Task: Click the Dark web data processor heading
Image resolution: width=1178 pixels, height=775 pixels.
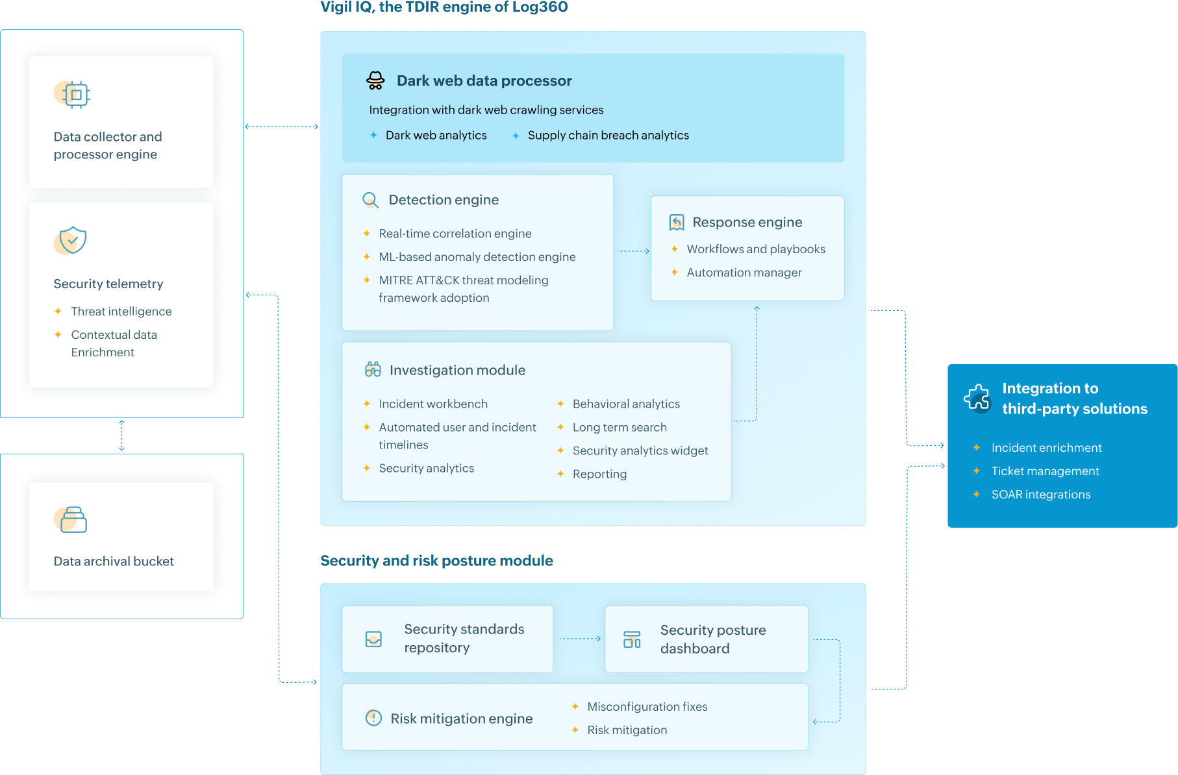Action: tap(484, 80)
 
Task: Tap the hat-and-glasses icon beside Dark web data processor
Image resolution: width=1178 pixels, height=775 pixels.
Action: tap(375, 80)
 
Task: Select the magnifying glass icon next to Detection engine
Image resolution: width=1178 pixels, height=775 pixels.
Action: tap(370, 200)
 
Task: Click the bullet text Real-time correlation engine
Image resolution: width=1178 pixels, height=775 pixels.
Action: tap(455, 233)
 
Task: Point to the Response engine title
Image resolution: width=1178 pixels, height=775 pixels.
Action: tap(747, 222)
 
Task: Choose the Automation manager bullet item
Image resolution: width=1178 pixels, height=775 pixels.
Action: tap(744, 273)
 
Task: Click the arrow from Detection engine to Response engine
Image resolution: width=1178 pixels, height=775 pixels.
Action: tap(633, 251)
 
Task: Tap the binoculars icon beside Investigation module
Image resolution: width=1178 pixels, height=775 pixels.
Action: tap(373, 370)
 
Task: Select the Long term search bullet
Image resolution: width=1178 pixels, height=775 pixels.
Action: tap(619, 427)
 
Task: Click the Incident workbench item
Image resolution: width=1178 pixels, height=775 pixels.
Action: tap(432, 404)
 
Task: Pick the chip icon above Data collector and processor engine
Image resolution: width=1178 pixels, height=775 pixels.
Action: tap(75, 95)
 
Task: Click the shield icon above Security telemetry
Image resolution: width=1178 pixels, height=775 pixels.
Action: tap(72, 241)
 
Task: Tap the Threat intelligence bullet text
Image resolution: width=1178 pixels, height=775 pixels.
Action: tap(121, 312)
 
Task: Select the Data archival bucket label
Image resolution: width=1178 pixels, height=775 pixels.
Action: tap(114, 561)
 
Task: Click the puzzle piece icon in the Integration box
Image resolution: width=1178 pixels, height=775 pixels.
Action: tap(977, 397)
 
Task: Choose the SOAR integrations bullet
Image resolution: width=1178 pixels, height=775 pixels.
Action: tap(1040, 495)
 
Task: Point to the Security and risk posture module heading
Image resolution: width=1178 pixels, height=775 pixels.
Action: tap(436, 561)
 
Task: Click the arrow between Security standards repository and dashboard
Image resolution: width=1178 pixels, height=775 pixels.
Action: tap(579, 639)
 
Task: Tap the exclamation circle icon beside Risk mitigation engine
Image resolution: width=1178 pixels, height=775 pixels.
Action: tap(373, 718)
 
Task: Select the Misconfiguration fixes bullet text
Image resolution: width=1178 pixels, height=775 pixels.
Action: tap(647, 707)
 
